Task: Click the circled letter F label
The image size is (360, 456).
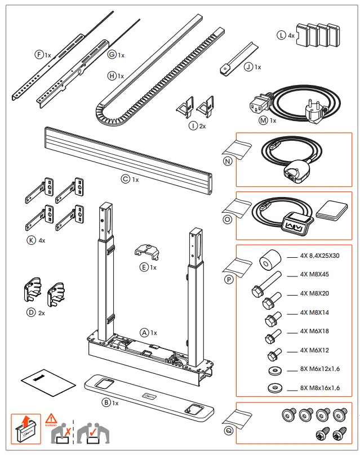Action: click(39, 54)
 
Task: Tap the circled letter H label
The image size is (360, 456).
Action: click(112, 75)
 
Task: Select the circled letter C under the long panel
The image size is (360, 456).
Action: click(125, 180)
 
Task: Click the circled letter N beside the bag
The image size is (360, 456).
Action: click(228, 160)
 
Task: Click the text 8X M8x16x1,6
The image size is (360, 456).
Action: click(320, 388)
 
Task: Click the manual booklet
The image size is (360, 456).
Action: click(48, 383)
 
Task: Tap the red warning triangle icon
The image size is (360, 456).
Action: click(51, 418)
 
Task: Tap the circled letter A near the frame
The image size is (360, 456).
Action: click(144, 333)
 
